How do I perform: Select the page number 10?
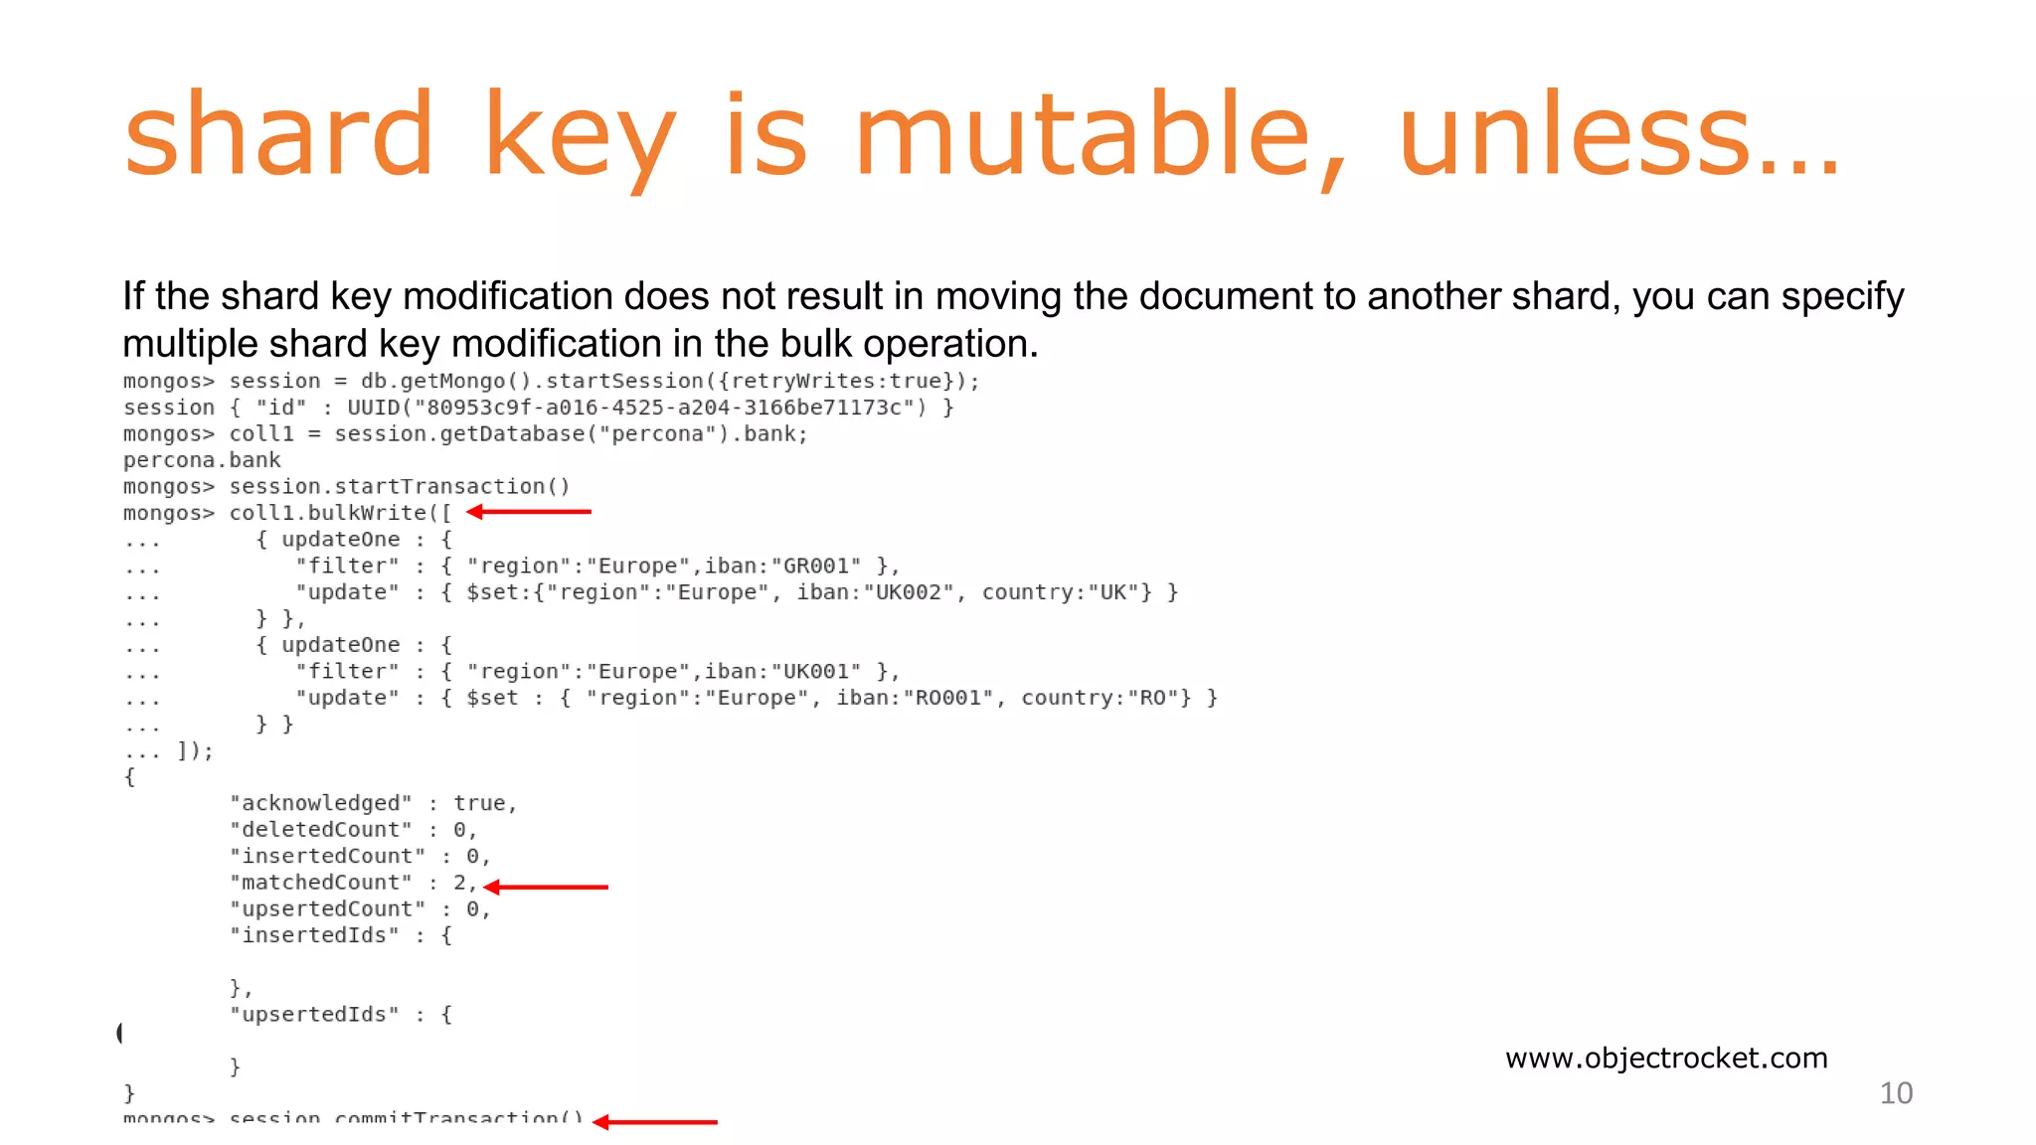(1896, 1093)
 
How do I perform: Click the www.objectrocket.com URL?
(1666, 1058)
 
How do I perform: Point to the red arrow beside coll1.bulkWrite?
(529, 512)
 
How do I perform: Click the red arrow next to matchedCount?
(546, 887)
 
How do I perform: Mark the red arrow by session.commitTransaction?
(655, 1122)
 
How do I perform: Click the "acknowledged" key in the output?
(321, 803)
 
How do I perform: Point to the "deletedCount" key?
(321, 830)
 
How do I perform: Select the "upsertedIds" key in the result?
(314, 1015)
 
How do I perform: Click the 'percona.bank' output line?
(202, 460)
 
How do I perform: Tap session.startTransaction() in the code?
(400, 487)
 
